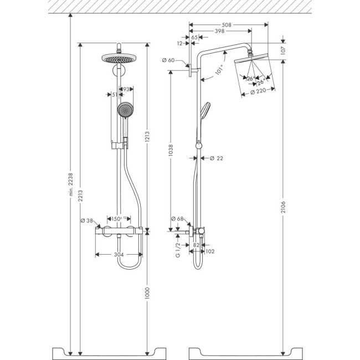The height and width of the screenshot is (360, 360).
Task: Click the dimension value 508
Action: tap(226, 25)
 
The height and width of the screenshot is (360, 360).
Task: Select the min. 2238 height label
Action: tap(69, 192)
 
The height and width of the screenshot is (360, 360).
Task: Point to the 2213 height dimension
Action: tap(81, 192)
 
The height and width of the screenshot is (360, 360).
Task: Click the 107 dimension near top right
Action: tap(282, 48)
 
